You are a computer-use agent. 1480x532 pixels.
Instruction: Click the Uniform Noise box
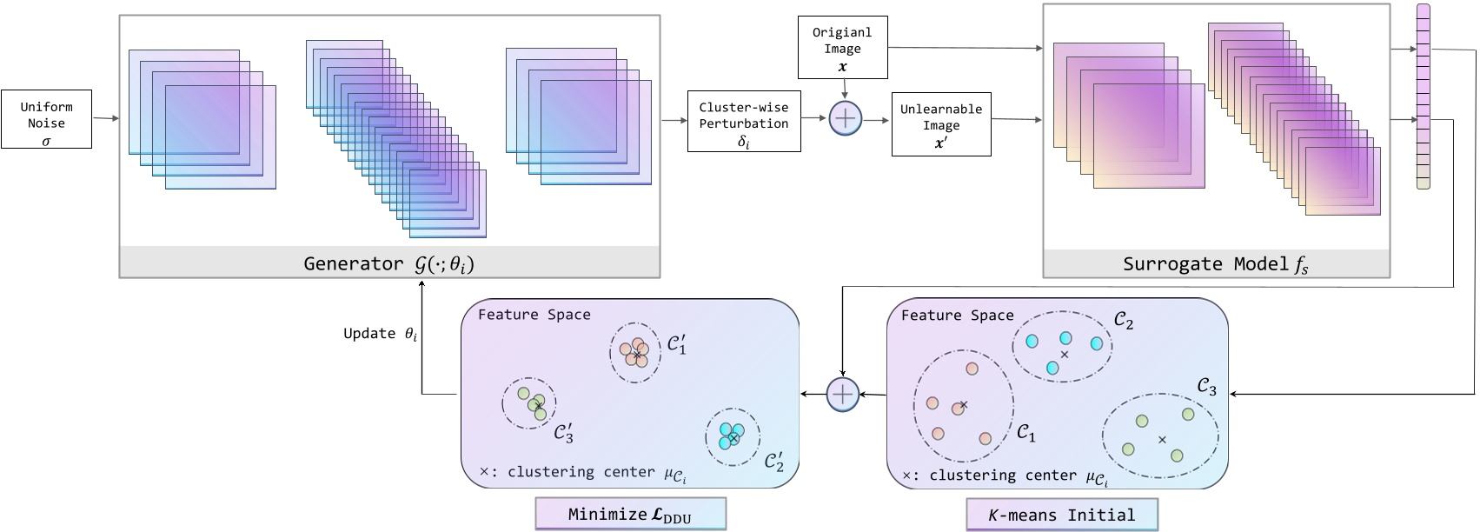click(46, 118)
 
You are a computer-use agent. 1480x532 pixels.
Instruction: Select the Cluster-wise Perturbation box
click(743, 121)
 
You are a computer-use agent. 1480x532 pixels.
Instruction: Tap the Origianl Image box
click(842, 49)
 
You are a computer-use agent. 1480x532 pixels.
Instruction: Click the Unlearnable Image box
click(940, 125)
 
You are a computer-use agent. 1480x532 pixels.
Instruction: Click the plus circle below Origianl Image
click(844, 118)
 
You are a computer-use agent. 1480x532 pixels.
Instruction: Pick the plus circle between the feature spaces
click(842, 395)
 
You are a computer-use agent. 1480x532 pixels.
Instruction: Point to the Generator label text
click(388, 263)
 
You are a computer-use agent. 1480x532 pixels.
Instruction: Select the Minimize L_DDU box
click(630, 514)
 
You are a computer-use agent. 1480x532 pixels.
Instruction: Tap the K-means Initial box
click(1062, 515)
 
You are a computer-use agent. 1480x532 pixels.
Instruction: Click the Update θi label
click(380, 334)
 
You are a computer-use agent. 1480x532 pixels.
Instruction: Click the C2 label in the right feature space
click(1123, 323)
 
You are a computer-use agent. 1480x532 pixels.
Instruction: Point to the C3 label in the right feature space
click(1206, 387)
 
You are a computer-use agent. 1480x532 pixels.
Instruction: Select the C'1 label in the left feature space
click(677, 344)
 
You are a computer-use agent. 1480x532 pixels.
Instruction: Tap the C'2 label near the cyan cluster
click(774, 461)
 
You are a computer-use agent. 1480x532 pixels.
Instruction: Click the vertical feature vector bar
click(1423, 96)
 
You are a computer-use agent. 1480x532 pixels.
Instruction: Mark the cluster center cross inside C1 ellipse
click(963, 405)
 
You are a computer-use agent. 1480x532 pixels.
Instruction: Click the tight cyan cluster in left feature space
click(731, 435)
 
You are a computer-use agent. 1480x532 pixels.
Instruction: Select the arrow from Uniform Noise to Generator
click(105, 118)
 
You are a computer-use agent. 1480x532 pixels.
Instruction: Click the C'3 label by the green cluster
click(563, 432)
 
